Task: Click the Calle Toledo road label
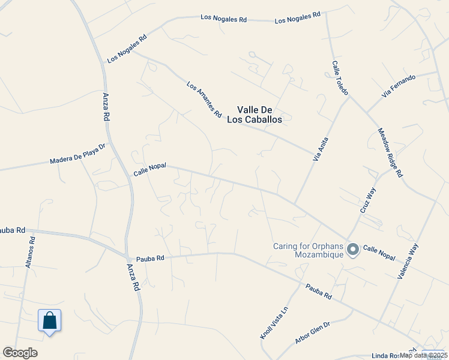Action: point(340,77)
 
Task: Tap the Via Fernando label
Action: point(398,87)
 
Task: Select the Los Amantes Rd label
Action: point(204,100)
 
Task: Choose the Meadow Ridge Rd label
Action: point(390,153)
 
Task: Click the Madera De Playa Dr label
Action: point(77,157)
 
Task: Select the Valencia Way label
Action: point(408,260)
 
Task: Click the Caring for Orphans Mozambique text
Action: point(308,250)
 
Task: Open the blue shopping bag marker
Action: point(49,321)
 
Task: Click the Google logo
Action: point(20,353)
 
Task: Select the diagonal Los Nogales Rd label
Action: point(127,49)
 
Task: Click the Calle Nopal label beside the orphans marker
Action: point(379,253)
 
